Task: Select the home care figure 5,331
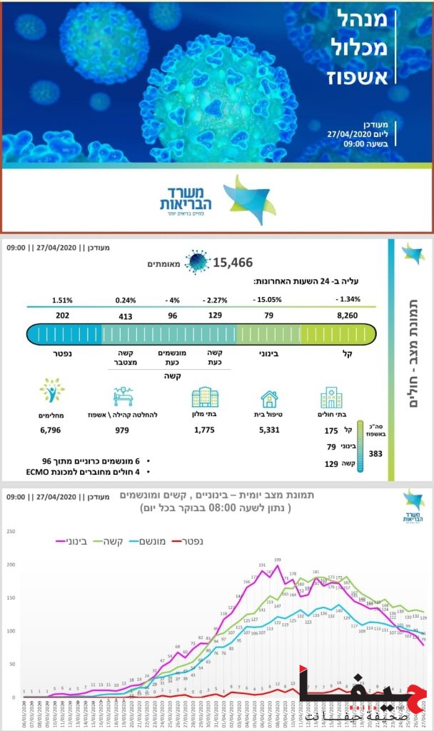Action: click(268, 430)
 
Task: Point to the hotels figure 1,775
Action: click(204, 430)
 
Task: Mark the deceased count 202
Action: click(61, 315)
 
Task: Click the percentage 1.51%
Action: click(61, 300)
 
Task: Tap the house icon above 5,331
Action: click(269, 398)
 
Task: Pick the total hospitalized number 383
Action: click(375, 453)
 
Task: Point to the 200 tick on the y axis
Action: click(11, 565)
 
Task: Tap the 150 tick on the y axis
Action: click(11, 598)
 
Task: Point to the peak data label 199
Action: click(277, 560)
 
